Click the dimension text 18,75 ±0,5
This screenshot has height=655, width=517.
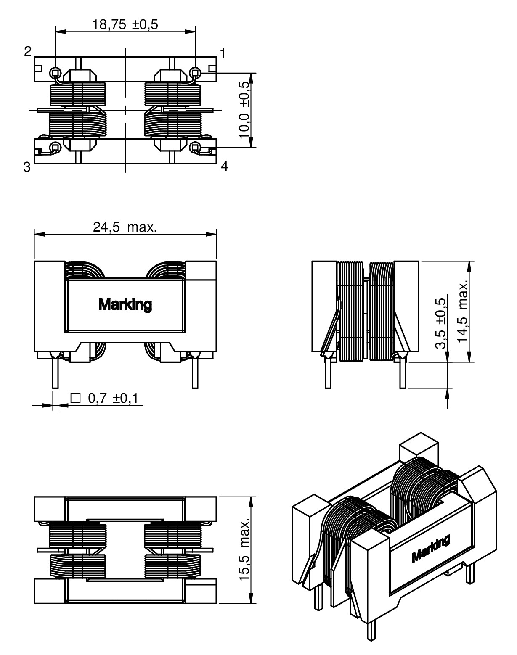[125, 25]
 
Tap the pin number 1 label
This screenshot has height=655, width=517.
[223, 53]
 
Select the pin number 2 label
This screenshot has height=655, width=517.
[28, 52]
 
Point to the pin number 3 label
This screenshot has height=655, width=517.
[27, 167]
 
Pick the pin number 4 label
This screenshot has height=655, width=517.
[225, 166]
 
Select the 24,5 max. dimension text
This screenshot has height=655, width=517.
[125, 227]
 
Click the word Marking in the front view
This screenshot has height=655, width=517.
[125, 304]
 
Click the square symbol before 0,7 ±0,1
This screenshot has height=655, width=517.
[76, 398]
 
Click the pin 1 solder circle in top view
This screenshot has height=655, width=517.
[195, 72]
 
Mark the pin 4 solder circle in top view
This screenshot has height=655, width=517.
[195, 147]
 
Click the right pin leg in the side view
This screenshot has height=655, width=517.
[403, 374]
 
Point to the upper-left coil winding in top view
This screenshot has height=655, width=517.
[77, 94]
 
